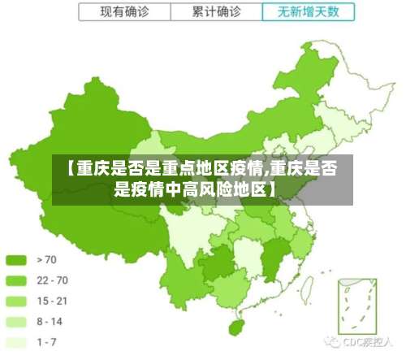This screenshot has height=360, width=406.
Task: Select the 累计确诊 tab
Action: [217, 12]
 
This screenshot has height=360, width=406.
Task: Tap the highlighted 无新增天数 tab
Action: [308, 12]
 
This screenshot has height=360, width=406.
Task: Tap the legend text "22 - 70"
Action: [52, 280]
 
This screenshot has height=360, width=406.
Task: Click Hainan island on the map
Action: [237, 327]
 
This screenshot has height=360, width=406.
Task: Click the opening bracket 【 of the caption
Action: [70, 169]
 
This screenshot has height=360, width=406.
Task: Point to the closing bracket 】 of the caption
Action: [272, 191]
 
